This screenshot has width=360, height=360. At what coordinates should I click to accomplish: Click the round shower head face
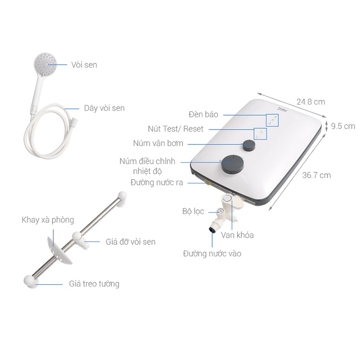(45, 63)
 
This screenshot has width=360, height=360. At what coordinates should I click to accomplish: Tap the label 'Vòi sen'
(84, 65)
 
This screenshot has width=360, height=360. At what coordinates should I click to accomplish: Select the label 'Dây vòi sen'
(104, 108)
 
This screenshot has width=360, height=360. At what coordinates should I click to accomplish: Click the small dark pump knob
(249, 145)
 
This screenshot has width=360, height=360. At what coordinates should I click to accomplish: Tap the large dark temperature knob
(232, 164)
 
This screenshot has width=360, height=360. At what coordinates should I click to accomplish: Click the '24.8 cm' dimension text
(311, 102)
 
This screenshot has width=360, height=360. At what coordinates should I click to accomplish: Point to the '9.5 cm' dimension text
(343, 126)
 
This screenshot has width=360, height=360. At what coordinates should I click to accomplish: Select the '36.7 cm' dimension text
(316, 175)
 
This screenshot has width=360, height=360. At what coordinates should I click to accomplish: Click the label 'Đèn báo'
(204, 114)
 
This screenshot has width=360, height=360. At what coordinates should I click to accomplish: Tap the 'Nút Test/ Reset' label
(176, 129)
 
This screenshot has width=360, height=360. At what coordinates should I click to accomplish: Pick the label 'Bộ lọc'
(193, 211)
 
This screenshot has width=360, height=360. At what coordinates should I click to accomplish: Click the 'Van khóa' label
(238, 235)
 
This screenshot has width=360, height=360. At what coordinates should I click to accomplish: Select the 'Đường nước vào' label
(212, 254)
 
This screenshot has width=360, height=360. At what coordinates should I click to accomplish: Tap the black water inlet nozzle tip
(212, 230)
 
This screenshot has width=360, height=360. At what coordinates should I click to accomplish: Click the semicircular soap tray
(59, 250)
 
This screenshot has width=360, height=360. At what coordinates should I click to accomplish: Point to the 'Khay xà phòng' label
(48, 220)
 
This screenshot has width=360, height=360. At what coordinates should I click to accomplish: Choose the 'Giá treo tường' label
(94, 284)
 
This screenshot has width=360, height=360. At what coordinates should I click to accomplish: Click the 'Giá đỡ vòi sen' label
(131, 242)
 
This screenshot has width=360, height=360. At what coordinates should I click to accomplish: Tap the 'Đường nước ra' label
(157, 182)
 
